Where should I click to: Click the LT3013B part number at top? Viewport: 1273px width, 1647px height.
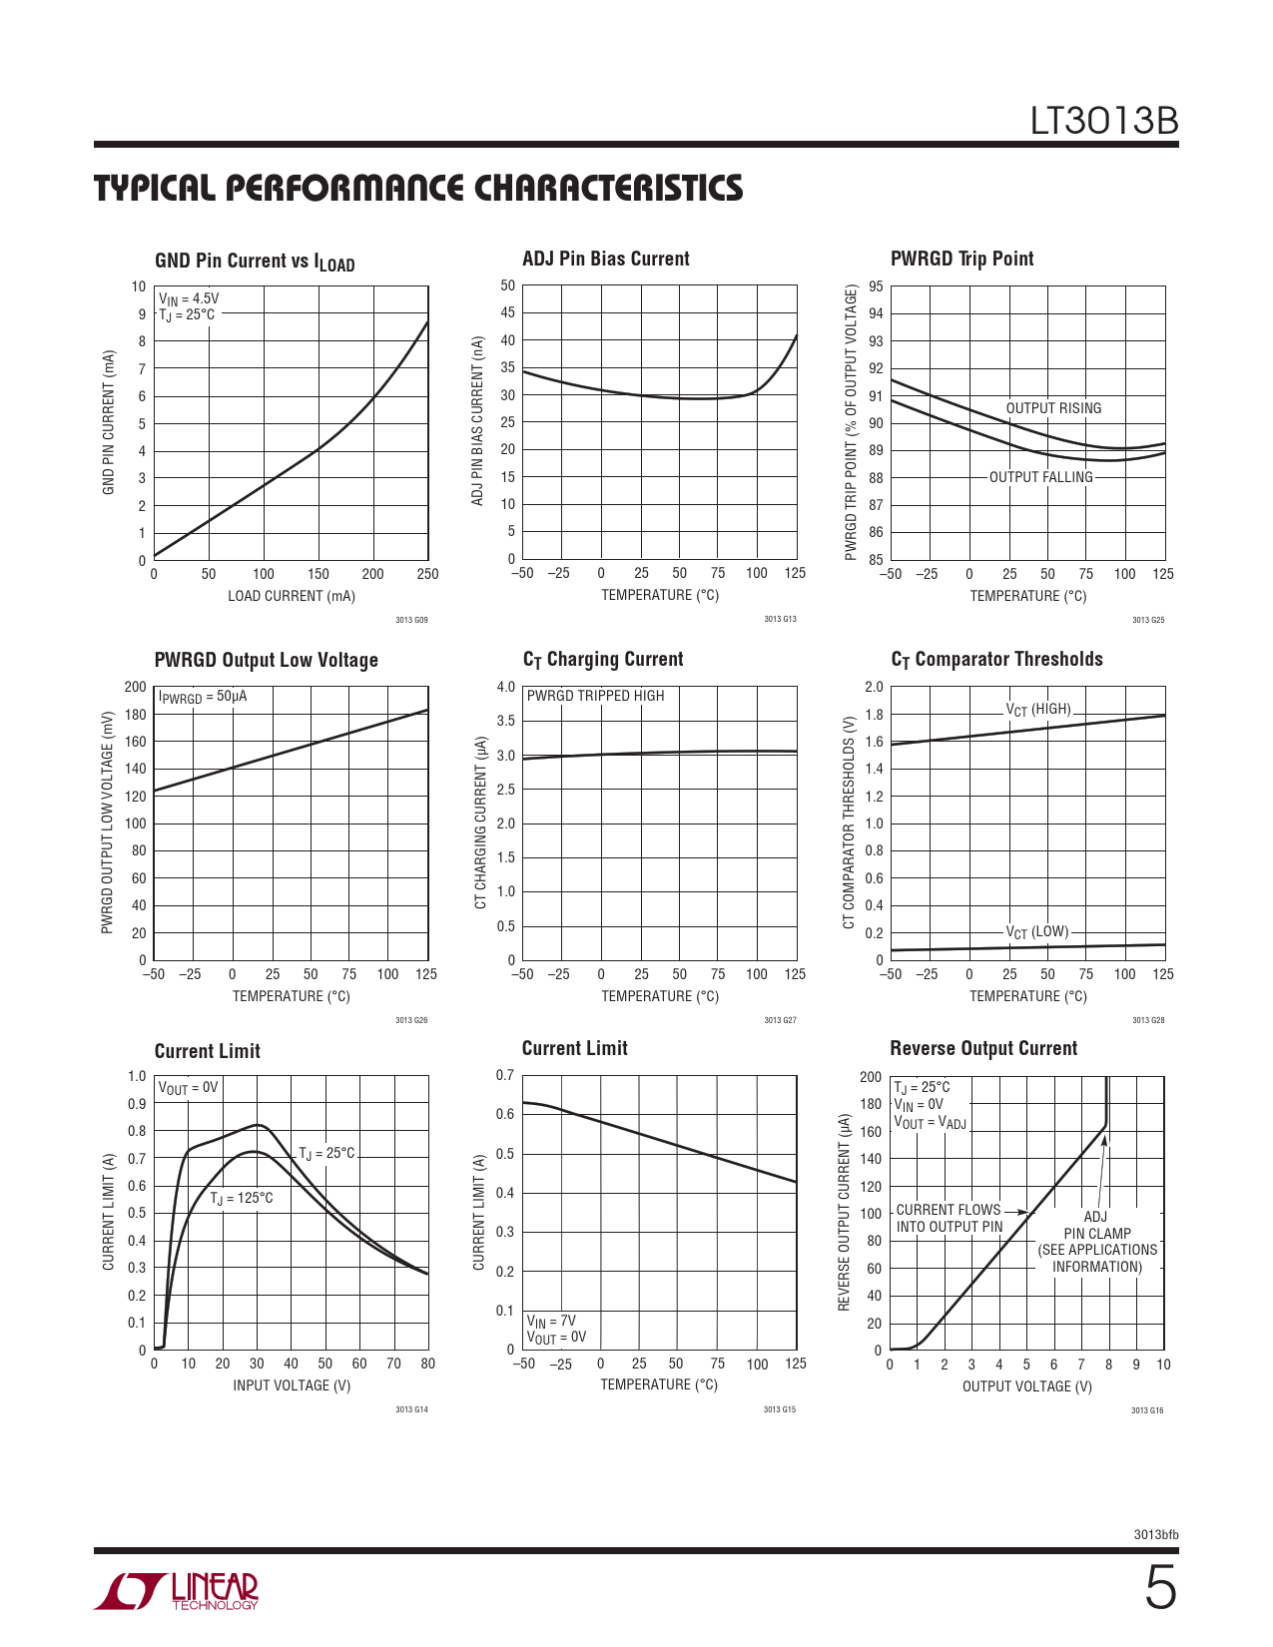(x=1104, y=121)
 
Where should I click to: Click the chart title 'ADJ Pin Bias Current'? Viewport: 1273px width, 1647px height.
(x=606, y=259)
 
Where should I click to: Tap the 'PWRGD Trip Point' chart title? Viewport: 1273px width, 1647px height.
(x=961, y=259)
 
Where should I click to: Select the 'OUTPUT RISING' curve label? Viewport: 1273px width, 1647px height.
(x=1053, y=408)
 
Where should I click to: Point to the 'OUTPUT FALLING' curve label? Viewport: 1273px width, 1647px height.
(x=1040, y=477)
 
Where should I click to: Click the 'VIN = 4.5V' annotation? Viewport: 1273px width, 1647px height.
(x=189, y=298)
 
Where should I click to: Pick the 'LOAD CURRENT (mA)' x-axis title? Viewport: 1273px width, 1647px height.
(x=292, y=596)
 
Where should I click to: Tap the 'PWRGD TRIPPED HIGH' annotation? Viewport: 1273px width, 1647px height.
(x=595, y=696)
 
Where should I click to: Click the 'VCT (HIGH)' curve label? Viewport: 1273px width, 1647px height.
(x=1038, y=710)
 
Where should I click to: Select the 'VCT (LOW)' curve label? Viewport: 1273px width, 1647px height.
(x=1037, y=932)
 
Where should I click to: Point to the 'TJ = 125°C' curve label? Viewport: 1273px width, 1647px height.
(x=241, y=1198)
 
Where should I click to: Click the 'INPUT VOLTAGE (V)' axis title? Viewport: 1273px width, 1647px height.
(x=292, y=1385)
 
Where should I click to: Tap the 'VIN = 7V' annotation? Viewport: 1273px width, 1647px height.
(x=551, y=1321)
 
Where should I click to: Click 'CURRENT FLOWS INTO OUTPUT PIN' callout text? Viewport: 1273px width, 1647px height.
(x=949, y=1218)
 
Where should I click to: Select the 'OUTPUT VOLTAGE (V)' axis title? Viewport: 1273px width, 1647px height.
(x=1026, y=1386)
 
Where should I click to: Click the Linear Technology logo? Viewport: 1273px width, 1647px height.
(x=177, y=1591)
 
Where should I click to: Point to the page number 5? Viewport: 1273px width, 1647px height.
(x=1159, y=1589)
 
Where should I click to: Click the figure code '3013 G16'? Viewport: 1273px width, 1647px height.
(x=1147, y=1410)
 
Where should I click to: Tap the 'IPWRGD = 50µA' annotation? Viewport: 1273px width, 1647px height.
(x=203, y=697)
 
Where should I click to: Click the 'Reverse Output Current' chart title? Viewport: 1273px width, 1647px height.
(x=983, y=1048)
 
